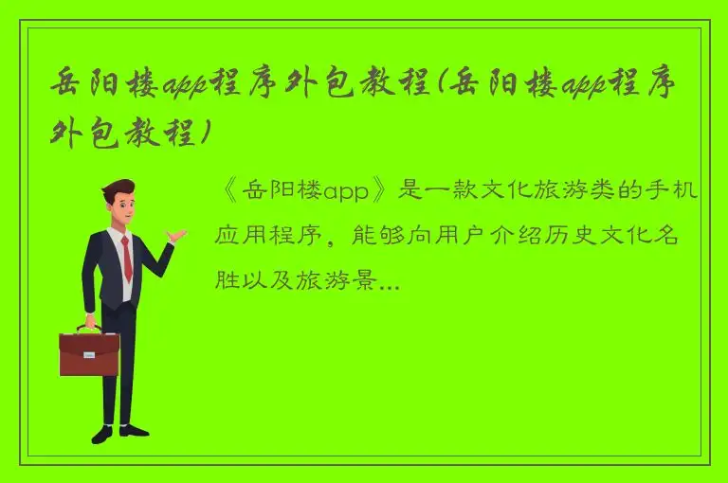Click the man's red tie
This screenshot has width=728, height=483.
126,258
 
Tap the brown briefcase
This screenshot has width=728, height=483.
89,355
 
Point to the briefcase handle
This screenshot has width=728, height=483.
89,329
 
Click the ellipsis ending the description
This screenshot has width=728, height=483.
389,282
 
